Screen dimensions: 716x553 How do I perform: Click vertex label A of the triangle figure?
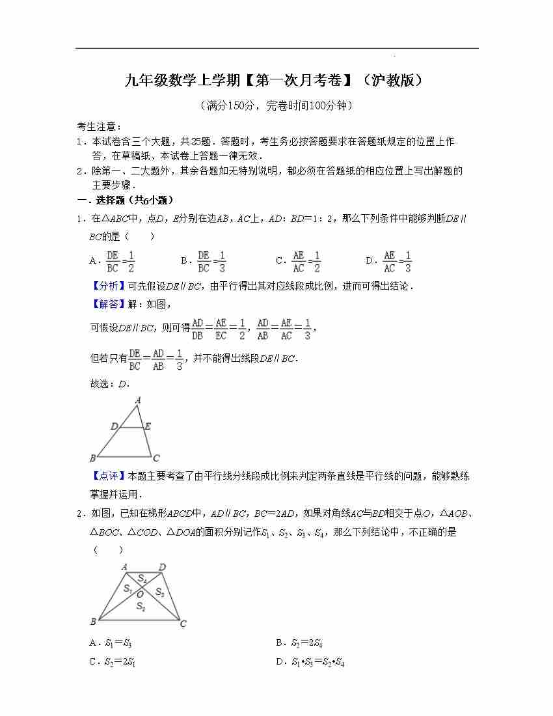click(138, 401)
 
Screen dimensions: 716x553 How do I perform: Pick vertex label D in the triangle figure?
click(115, 426)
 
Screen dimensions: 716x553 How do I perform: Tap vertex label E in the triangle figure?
click(148, 426)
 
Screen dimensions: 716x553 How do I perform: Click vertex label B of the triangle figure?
click(93, 458)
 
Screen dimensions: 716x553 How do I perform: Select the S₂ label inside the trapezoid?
click(141, 607)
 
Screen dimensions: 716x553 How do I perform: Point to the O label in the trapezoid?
click(139, 594)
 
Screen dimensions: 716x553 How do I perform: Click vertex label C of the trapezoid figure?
click(183, 624)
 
